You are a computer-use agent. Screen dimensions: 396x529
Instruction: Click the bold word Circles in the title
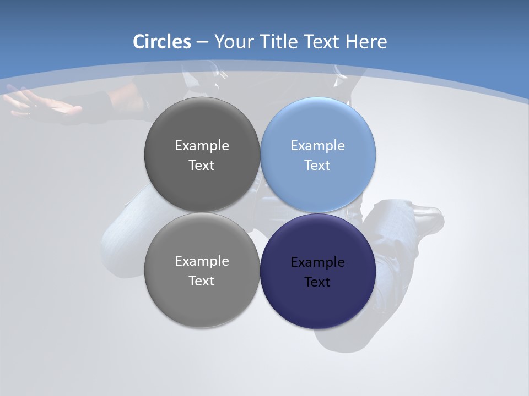[x=162, y=42]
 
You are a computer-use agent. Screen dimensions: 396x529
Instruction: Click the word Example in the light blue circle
[x=317, y=146]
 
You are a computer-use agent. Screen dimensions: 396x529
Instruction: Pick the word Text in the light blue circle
[x=317, y=166]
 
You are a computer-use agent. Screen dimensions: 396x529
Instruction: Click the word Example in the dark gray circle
[x=202, y=146]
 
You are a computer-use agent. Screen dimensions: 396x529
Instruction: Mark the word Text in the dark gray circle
[x=202, y=166]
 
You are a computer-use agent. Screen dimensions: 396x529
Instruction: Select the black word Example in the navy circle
[x=317, y=262]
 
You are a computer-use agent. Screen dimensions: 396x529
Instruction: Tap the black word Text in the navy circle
[x=317, y=282]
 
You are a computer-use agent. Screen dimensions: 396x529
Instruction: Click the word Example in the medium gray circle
[x=202, y=261]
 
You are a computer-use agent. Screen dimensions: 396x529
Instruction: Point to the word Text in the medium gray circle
[x=202, y=281]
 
